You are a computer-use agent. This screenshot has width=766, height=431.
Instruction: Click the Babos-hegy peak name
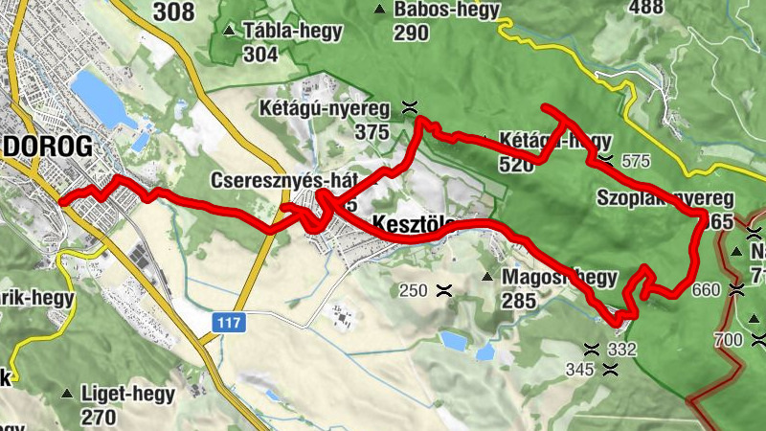(x=436, y=10)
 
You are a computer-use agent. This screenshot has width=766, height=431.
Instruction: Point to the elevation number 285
(x=518, y=301)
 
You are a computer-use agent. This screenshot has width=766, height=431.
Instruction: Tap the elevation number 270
(x=99, y=418)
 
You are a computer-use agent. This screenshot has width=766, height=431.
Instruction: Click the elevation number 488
(x=645, y=8)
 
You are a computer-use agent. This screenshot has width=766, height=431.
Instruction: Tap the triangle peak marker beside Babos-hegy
(x=380, y=10)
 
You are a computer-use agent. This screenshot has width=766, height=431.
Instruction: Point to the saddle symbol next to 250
(x=443, y=289)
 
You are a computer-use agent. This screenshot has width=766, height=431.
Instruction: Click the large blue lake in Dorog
(x=101, y=99)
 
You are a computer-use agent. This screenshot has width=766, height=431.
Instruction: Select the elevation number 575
(x=635, y=161)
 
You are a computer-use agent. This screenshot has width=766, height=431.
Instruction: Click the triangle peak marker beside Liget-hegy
(x=67, y=394)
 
